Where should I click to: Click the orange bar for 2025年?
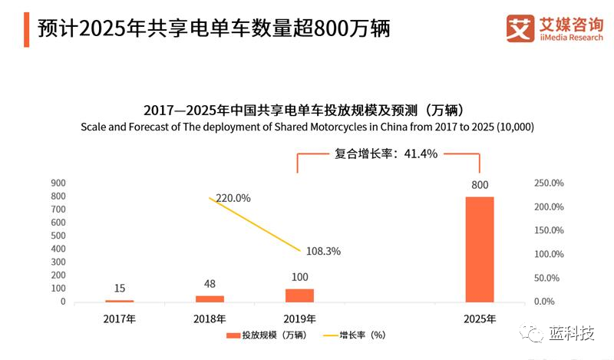pos(480,249)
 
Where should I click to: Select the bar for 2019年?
pos(299,295)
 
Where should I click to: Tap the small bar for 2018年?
pos(210,299)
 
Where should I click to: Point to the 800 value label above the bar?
pos(480,185)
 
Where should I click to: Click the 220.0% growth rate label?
pos(233,198)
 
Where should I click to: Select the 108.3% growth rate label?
pos(322,250)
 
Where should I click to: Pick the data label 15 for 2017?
pos(120,289)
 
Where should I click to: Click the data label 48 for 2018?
pos(210,284)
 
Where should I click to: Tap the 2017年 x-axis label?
pos(120,317)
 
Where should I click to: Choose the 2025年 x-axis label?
pos(480,317)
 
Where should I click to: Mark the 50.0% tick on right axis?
pos(550,278)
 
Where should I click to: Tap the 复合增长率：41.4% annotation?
pos(385,154)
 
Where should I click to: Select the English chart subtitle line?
pos(307,127)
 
